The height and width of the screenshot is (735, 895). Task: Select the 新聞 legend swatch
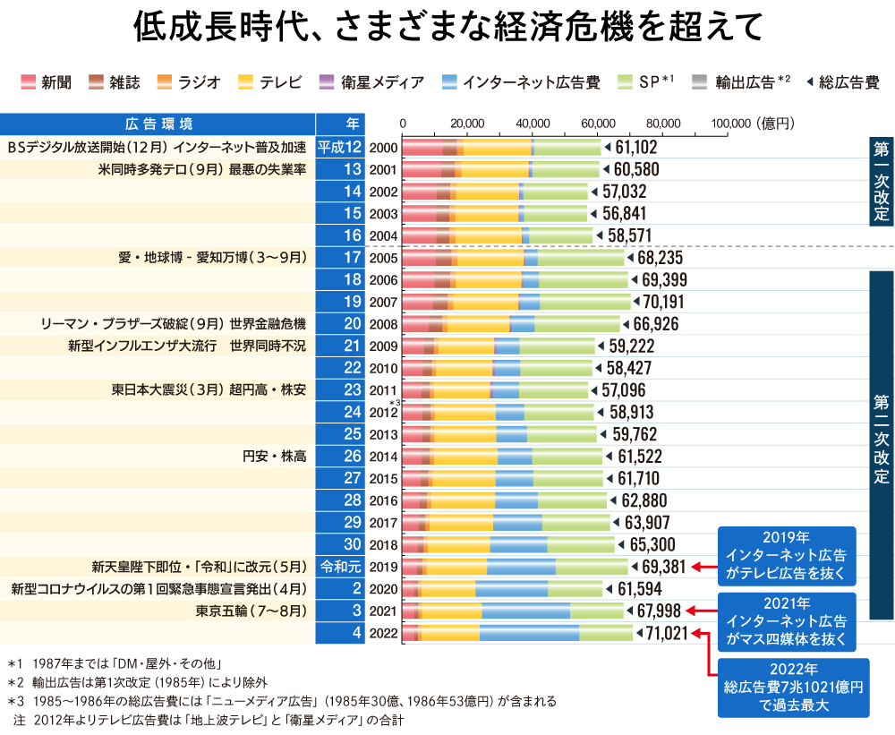tap(28, 82)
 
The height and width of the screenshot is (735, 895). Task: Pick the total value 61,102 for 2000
tap(636, 148)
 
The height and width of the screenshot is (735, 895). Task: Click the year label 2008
tap(383, 322)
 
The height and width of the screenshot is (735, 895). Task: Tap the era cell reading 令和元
tap(340, 566)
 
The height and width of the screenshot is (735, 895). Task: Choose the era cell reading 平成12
tap(340, 148)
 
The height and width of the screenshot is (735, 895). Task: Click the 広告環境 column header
tap(158, 124)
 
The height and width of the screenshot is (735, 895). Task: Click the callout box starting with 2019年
tap(787, 555)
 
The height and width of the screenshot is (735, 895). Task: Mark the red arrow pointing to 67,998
tap(702, 611)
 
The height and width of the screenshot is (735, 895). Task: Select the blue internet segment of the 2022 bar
tap(529, 634)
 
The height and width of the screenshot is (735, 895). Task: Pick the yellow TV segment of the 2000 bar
tap(498, 148)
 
